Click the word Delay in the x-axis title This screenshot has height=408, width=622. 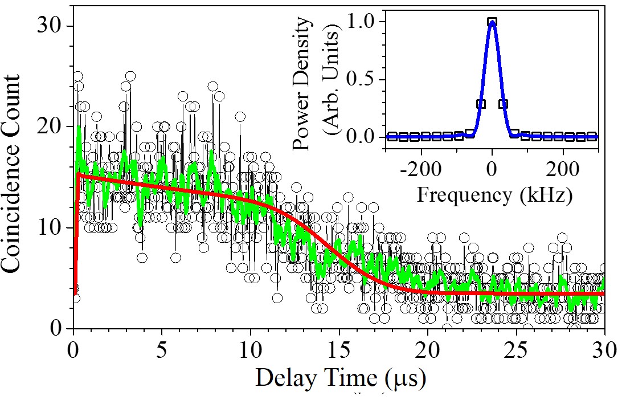pos(281,378)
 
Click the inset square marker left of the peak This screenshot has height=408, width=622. pos(481,104)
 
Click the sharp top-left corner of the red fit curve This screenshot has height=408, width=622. pos(78,174)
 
